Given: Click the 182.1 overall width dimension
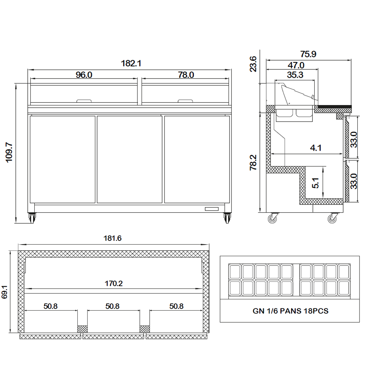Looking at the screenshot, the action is coord(131,63).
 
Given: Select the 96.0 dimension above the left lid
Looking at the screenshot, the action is coord(84,75).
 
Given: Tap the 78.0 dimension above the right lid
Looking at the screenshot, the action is coord(186,75).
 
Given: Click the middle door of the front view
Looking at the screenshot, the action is coord(130,160).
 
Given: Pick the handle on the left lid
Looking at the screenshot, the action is coord(84,101).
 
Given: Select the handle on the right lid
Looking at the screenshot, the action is coord(185,101).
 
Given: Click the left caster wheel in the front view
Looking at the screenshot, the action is coord(32,218).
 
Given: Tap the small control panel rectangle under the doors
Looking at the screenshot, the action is coord(212,209).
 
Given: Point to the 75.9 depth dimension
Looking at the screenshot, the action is coord(308,54).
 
